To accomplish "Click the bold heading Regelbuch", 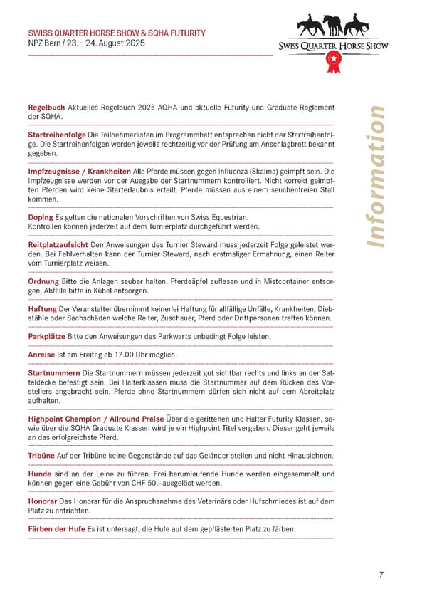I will pos(46,108).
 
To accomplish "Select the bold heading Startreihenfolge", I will pos(57,135).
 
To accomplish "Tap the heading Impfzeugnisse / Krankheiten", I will pos(79,172).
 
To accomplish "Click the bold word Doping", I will pos(41,216).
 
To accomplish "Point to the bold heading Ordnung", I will pos(43,281).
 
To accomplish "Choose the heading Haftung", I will pos(42,308).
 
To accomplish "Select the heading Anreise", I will pos(41,355).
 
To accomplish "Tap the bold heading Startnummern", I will pos(53,373).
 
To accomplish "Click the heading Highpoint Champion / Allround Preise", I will pos(95,419).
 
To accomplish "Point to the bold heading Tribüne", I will pos(41,455).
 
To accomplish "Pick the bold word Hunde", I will pos(39,474).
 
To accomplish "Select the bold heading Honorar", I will pos(43,501).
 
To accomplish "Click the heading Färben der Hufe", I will pos(56,528).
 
